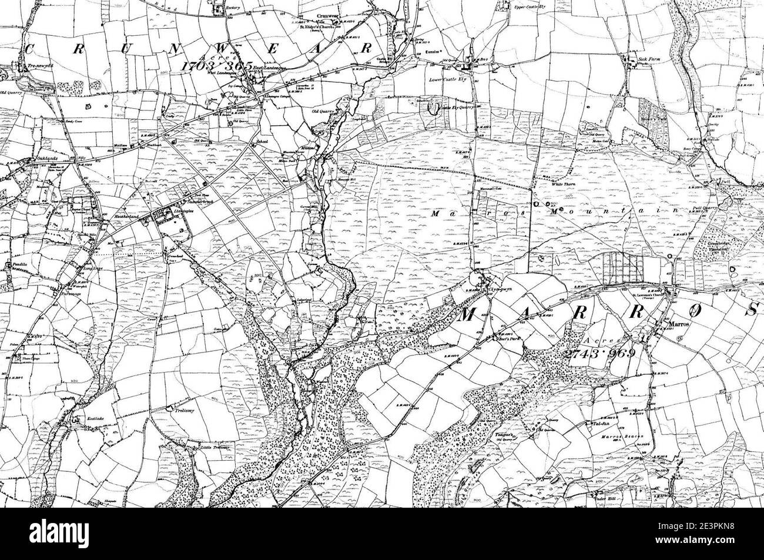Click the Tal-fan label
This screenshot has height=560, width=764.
[599, 423]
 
